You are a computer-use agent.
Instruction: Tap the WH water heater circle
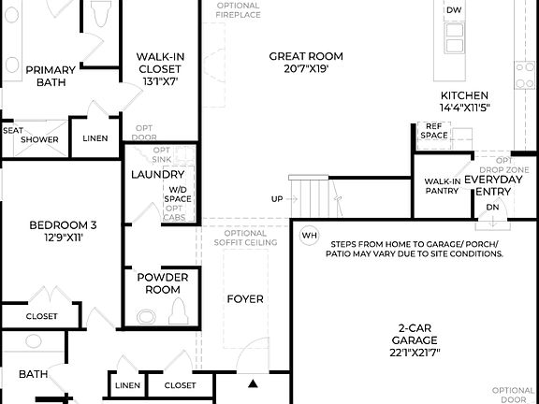[310, 236]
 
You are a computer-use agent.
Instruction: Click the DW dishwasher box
[453, 10]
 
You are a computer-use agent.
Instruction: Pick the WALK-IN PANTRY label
[442, 186]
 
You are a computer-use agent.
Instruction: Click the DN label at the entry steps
[492, 208]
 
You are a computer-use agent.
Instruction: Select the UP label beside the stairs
[277, 199]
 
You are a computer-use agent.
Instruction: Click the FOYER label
[245, 299]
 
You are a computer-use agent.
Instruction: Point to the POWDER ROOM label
[163, 283]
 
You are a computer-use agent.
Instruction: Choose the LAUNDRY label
[157, 175]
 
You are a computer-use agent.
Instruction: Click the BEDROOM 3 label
[63, 231]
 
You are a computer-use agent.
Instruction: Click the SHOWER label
[40, 139]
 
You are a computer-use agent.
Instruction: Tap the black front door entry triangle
[252, 382]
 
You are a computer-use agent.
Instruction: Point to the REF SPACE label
[433, 130]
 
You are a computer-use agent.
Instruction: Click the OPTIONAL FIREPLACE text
[238, 10]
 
